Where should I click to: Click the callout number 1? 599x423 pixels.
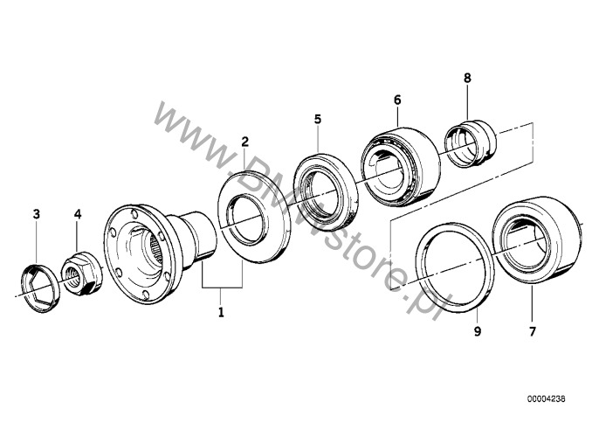point(221,313)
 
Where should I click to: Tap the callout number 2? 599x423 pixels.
point(244,142)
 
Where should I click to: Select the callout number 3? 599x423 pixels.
point(37,214)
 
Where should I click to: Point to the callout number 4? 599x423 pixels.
point(78,214)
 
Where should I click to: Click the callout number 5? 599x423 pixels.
point(318,120)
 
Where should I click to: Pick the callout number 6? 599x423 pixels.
point(397,101)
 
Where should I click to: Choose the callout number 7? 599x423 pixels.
point(533,331)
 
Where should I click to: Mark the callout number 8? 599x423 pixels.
point(468,78)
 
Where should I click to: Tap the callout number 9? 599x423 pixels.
point(478,331)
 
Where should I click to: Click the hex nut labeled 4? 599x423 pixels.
point(82,274)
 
